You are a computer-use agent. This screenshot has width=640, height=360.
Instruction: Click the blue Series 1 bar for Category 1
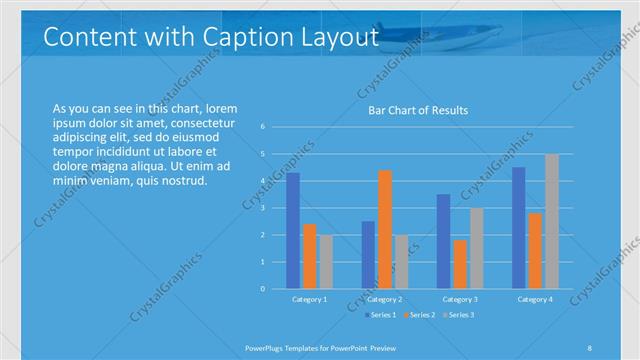pos(293,231)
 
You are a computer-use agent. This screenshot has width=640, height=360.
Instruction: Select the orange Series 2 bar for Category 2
pos(385,229)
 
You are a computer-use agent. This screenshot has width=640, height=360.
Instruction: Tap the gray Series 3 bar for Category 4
pos(552,221)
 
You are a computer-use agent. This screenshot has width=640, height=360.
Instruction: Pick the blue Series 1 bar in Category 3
pos(443,241)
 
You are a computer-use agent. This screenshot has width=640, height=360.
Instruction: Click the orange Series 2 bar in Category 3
pos(460,264)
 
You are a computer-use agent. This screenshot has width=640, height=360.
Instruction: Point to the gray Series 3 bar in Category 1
pos(327,262)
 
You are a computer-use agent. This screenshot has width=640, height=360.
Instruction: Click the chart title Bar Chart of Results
pos(413,110)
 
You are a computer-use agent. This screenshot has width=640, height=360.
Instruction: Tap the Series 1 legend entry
pos(379,315)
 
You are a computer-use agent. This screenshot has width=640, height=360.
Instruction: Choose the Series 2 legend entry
pos(418,315)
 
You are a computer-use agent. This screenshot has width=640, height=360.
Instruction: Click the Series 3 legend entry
pos(457,315)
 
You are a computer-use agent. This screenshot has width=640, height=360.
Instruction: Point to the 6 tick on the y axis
pos(262,127)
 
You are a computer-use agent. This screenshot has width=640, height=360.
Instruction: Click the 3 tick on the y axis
pos(262,208)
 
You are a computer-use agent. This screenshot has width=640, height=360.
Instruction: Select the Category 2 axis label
pos(385,299)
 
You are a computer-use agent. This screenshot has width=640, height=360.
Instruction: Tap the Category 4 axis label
pos(535,299)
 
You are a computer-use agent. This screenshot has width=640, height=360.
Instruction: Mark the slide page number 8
pos(589,347)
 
